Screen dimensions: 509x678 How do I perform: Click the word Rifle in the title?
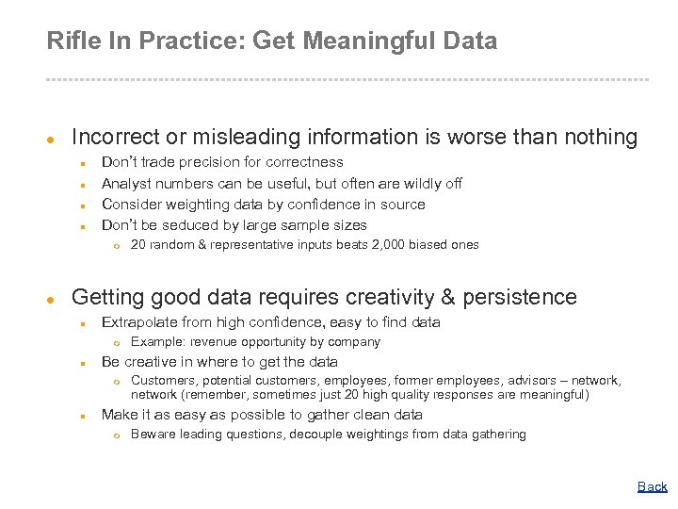point(70,41)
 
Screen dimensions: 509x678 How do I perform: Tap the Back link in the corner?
point(652,487)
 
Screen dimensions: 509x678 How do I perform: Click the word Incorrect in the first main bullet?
point(117,138)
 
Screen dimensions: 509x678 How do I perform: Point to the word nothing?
point(601,138)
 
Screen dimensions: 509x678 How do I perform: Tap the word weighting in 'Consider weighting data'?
point(205,204)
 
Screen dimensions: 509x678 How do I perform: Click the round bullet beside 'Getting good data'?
point(53,299)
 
